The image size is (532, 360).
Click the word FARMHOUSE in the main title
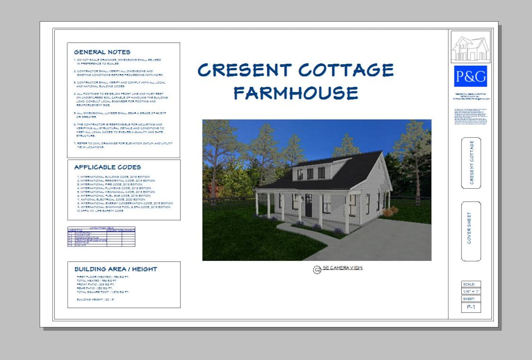(x=296, y=93)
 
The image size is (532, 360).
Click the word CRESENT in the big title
(x=244, y=70)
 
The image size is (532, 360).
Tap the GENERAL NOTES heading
(x=102, y=52)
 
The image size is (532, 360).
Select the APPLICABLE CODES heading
(x=108, y=167)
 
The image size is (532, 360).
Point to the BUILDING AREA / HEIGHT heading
(x=116, y=269)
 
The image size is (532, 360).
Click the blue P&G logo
(x=470, y=76)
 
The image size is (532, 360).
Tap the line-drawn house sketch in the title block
(x=470, y=47)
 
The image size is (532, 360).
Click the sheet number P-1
(x=471, y=307)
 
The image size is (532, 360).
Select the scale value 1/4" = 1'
(x=471, y=291)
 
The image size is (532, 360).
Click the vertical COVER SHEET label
(x=469, y=228)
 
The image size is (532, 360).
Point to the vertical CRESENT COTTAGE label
(x=472, y=163)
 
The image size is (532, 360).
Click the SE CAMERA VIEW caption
(x=342, y=268)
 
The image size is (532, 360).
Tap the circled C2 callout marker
(x=317, y=269)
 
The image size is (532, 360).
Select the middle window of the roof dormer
(x=310, y=174)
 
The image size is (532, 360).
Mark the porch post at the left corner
(x=257, y=204)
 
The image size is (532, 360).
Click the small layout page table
(x=101, y=237)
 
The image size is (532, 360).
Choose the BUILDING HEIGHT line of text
(x=95, y=299)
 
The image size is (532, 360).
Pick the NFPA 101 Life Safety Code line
(x=100, y=211)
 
